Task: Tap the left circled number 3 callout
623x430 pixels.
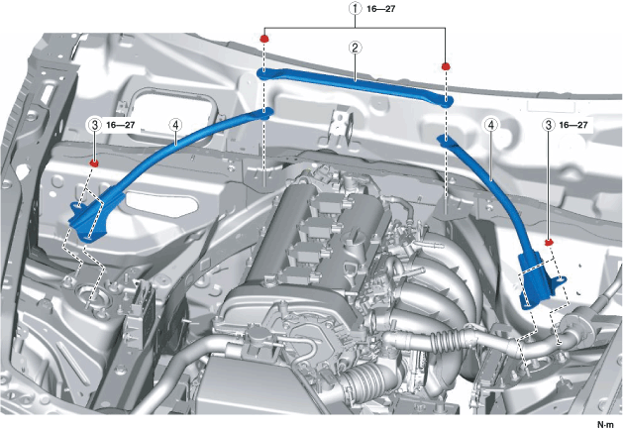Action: click(94, 126)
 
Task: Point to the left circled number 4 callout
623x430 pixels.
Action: click(174, 126)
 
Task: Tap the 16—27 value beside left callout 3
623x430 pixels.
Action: click(121, 126)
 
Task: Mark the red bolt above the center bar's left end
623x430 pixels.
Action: click(264, 38)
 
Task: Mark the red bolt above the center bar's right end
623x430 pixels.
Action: click(446, 65)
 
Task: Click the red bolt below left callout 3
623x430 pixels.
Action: click(94, 161)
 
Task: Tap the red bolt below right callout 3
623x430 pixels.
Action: click(548, 241)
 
